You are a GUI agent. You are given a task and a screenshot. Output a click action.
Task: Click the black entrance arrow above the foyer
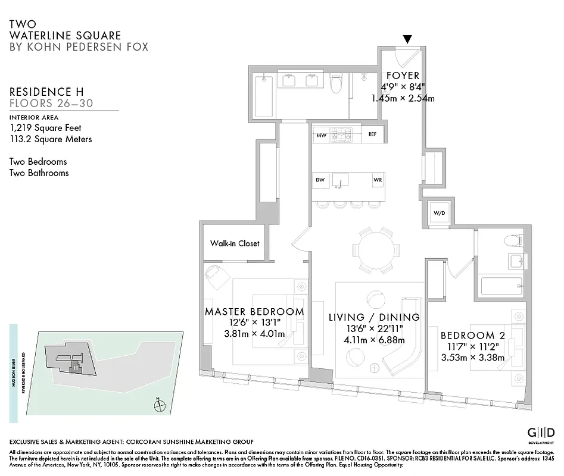click(x=407, y=39)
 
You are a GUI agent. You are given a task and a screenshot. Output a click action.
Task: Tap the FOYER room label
click(x=403, y=76)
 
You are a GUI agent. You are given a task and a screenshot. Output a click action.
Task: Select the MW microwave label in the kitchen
click(x=321, y=135)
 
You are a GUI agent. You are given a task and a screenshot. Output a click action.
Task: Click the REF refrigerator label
click(x=372, y=134)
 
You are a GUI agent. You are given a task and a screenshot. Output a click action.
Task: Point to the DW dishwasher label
click(x=319, y=179)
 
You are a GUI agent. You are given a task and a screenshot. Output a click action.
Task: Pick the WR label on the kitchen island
click(x=377, y=179)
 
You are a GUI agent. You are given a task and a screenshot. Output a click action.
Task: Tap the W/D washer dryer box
click(x=438, y=214)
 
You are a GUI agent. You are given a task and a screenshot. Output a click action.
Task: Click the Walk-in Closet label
click(x=235, y=243)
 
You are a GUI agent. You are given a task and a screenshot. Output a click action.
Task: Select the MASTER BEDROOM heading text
click(x=254, y=312)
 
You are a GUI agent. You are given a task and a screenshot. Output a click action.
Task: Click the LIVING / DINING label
click(x=374, y=318)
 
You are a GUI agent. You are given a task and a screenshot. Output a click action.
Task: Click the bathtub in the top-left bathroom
click(x=263, y=96)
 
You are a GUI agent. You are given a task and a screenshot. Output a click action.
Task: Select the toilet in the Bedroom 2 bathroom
click(x=511, y=240)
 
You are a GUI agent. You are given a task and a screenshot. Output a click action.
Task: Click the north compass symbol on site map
click(x=159, y=406)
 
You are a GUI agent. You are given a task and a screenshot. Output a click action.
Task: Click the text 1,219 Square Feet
click(x=46, y=127)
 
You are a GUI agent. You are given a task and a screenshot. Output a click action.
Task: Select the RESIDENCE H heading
click(x=46, y=92)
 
